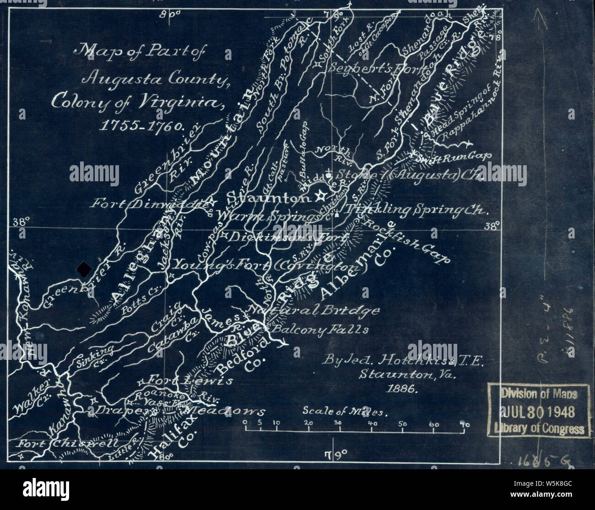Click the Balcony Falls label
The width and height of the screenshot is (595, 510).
(x=320, y=329)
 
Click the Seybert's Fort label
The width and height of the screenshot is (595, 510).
(x=362, y=67)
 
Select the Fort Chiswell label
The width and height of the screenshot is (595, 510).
(x=68, y=443)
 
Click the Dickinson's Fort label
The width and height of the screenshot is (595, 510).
(x=284, y=237)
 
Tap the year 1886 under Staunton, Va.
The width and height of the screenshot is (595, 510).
(x=400, y=389)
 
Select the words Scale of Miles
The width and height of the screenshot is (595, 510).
(x=346, y=411)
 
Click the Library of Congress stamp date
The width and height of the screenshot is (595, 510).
(x=535, y=412)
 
